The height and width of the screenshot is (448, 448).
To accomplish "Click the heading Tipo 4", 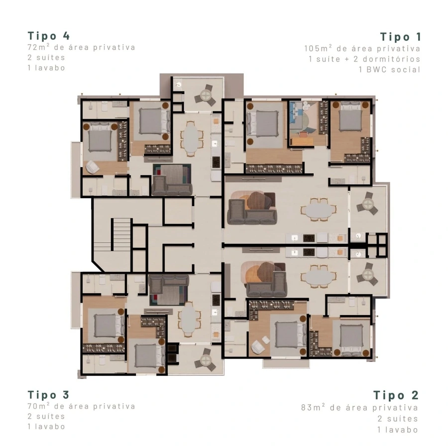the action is tap(49, 36).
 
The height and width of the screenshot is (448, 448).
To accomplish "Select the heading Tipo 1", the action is tap(400, 37).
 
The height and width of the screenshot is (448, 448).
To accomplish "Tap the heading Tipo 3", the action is tap(49, 395).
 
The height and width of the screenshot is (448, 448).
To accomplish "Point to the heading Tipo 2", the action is tap(396, 395).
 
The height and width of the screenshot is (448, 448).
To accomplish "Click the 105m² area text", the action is tap(362, 48).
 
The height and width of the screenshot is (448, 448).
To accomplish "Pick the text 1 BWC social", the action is tap(390, 69).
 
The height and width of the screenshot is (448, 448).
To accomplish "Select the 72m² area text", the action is tap(82, 47).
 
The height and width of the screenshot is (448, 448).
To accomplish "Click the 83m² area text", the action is tap(360, 407).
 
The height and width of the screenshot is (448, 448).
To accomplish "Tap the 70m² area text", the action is tap(82, 406).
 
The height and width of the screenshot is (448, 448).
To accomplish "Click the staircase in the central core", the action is tap(121, 235).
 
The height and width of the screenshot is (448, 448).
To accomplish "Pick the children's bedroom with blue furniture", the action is tap(307, 123).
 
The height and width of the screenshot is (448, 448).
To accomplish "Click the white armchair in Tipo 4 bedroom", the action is tap(92, 167).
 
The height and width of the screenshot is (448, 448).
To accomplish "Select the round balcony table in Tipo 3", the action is tap(206, 359).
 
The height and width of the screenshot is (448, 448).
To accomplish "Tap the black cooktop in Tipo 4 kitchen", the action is tap(217, 162).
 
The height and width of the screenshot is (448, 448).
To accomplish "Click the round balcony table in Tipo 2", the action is tap(368, 276).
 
